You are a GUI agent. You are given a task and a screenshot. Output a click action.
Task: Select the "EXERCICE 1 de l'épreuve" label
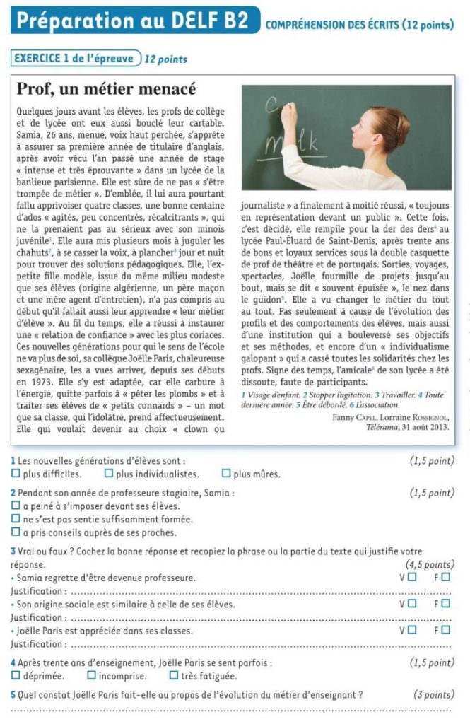74,59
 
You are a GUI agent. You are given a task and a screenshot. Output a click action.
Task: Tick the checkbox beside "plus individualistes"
109,474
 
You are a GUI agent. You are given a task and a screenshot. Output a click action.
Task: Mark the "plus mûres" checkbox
226,474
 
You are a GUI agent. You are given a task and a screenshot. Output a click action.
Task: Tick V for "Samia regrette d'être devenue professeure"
412,578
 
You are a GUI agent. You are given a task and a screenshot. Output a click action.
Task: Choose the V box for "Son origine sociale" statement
412,604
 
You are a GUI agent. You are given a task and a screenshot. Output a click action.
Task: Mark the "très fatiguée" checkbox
174,676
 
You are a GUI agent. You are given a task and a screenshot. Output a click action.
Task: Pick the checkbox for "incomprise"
90,676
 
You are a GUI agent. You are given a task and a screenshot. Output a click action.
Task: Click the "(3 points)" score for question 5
433,695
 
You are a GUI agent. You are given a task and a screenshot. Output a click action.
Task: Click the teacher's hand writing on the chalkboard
288,113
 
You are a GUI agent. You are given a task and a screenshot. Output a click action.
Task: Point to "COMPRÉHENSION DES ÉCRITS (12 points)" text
360,25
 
